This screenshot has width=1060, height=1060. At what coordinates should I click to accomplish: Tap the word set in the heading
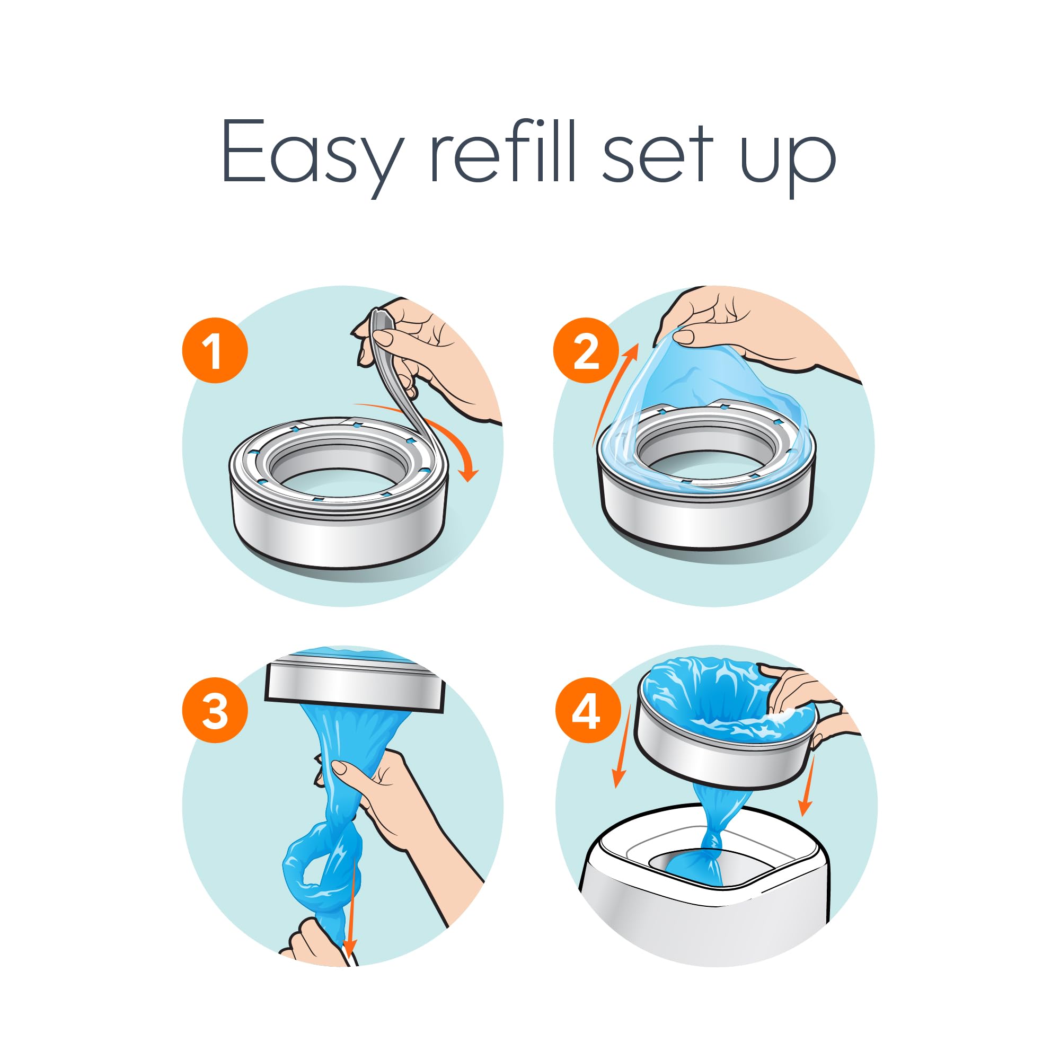[657, 156]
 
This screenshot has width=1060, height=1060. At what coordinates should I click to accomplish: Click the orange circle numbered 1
[215, 350]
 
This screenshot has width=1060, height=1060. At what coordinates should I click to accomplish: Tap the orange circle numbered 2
[586, 350]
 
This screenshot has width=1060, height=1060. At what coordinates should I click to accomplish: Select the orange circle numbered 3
[215, 710]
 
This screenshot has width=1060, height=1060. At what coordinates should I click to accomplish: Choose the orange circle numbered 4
[588, 710]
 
